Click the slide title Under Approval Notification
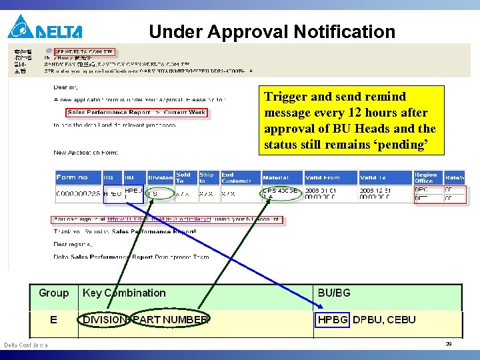click(272, 31)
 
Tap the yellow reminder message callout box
click(349, 121)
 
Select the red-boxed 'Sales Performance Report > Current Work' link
click(137, 113)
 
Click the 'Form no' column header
click(72, 177)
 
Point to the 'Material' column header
click(275, 177)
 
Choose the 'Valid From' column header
click(323, 177)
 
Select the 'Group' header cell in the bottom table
click(53, 293)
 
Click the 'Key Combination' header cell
click(124, 293)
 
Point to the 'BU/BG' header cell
click(334, 293)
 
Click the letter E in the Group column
click(53, 320)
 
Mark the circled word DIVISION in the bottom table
click(105, 320)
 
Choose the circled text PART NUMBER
click(170, 320)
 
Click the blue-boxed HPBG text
click(333, 320)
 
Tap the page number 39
click(449, 344)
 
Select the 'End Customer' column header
click(237, 177)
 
